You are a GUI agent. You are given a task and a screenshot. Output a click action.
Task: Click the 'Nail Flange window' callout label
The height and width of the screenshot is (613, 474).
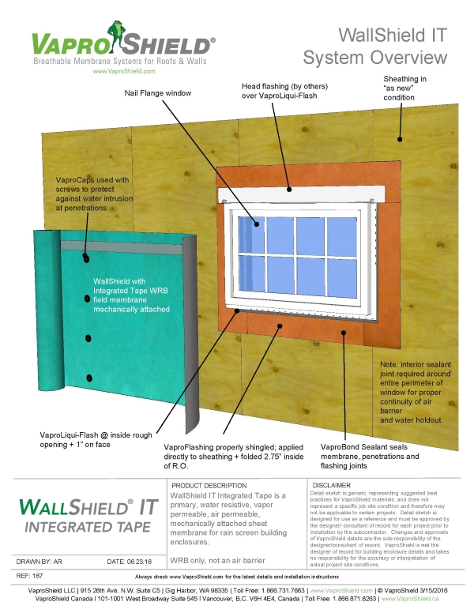(x=158, y=93)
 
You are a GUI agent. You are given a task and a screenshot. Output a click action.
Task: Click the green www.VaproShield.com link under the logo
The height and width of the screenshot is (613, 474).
(x=123, y=70)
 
